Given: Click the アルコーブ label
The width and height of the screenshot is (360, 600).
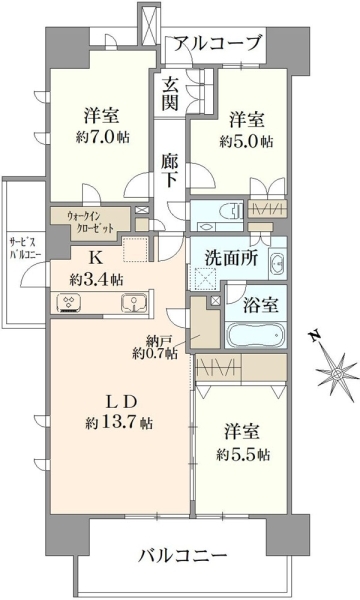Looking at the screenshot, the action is pos(218,43).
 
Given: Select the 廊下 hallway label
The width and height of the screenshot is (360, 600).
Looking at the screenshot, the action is pos(169,171).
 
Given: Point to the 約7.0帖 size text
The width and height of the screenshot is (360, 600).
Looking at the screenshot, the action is pos(103,137).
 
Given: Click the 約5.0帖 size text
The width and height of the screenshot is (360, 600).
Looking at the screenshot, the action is pos(246,142).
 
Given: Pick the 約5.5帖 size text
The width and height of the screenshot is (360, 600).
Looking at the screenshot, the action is pos(243,454).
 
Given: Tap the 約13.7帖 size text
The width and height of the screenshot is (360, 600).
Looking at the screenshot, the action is pos(119,423).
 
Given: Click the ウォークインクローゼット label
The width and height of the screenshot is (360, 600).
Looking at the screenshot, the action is pos(90,222).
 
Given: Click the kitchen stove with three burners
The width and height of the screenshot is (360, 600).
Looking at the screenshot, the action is pos(69,303).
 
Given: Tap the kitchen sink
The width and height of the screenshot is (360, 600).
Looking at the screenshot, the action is pos(134,303).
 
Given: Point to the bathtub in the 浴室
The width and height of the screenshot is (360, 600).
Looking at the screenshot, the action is pos(256,335).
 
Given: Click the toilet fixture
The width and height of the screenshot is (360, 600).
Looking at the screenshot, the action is pos(230,211).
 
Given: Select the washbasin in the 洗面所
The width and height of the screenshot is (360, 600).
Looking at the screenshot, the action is pos(277,263).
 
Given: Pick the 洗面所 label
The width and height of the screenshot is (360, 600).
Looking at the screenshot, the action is pos(231,259).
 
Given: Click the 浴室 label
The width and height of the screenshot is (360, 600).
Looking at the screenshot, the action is pos(261,305).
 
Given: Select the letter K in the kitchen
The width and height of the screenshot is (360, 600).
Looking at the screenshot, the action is pos(95,259).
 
